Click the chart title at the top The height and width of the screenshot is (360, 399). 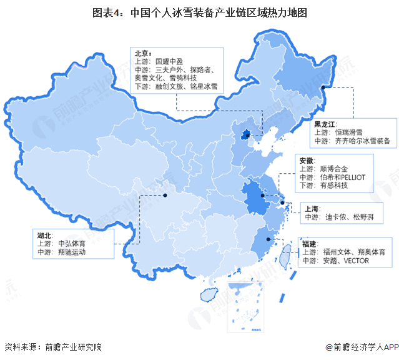pos(199,12)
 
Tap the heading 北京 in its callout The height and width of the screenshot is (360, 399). pos(141,53)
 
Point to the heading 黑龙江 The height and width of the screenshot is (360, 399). pos(325,124)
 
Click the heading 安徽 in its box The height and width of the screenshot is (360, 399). pos(307,160)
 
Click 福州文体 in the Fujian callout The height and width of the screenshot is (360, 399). pos(338,252)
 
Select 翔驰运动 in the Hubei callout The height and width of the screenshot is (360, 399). pos(71,252)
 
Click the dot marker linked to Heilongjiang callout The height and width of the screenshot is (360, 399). pos(323,88)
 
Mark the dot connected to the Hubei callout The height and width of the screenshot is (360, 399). pos(165,195)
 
